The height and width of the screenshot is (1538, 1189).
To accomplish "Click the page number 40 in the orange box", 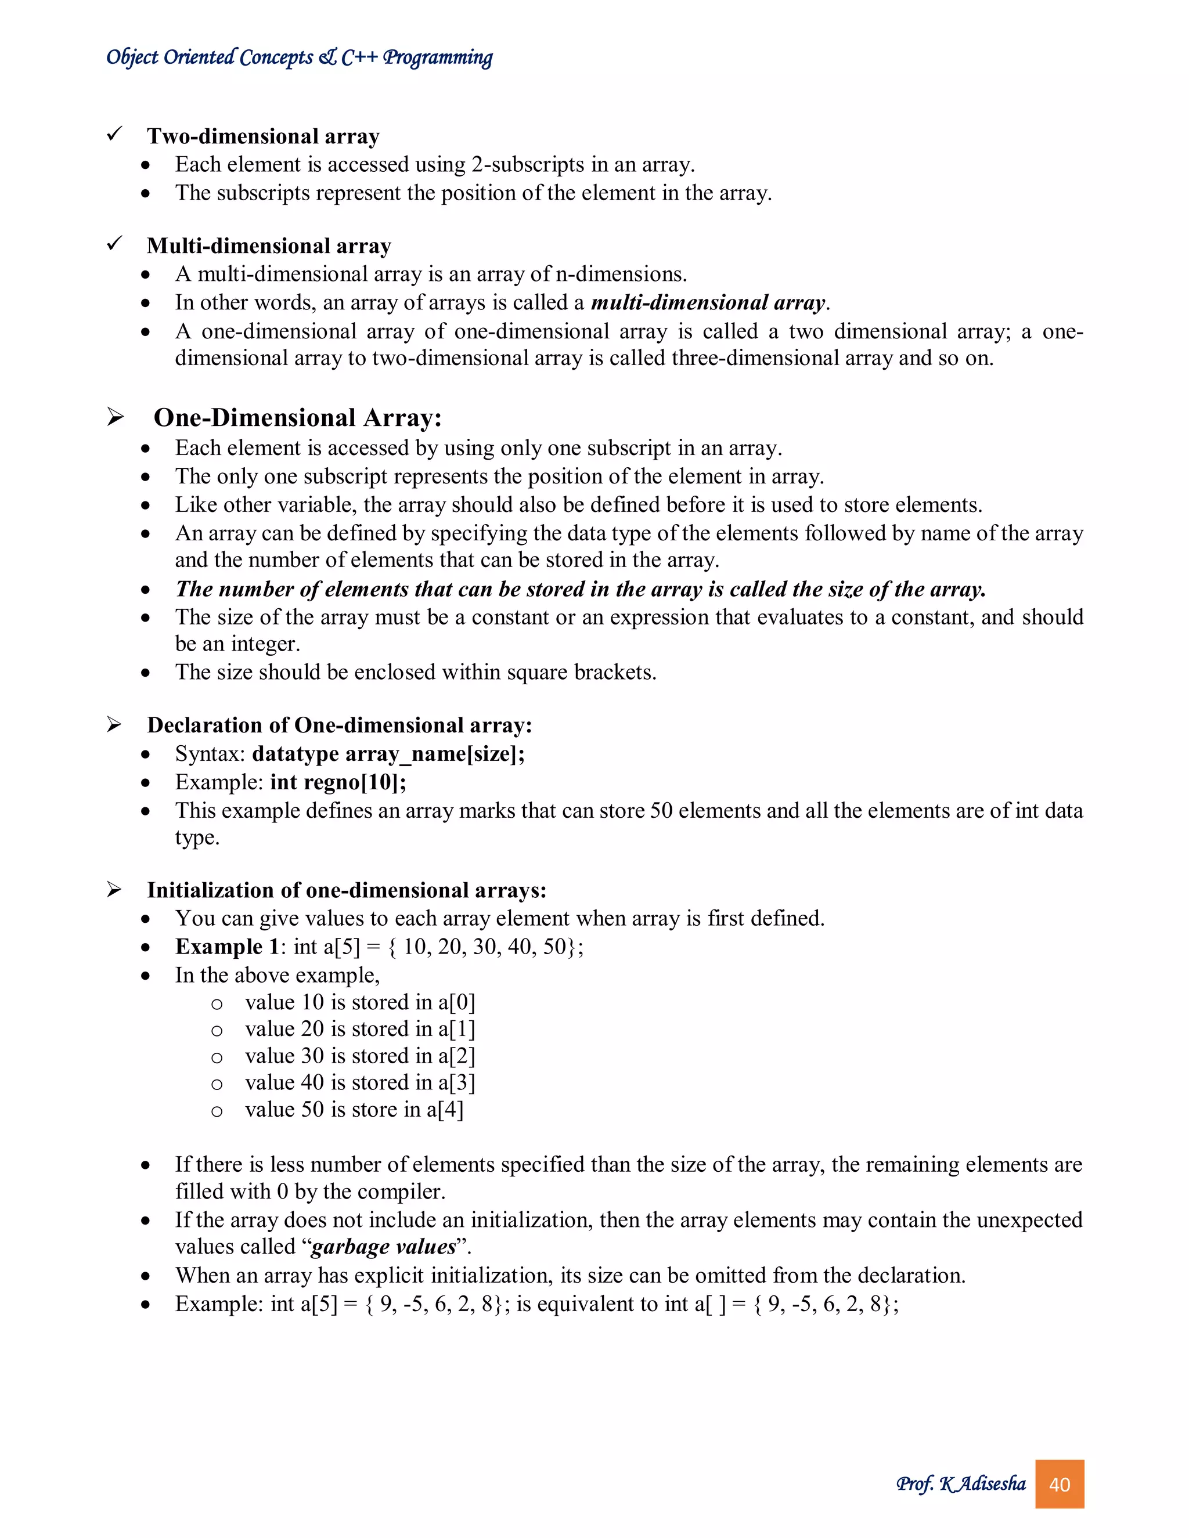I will point(1059,1485).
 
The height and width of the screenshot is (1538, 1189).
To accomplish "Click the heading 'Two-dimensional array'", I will point(263,136).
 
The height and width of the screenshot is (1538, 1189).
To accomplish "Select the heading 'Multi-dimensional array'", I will point(268,245).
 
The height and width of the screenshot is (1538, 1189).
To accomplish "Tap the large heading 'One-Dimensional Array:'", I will point(297,418).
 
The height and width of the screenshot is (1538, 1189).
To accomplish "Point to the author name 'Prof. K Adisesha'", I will point(961,1484).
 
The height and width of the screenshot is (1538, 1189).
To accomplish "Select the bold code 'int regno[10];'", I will point(338,782).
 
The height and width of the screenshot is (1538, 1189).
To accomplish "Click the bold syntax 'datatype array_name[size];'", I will point(388,754).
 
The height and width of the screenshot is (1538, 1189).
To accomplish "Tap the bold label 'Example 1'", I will point(228,947).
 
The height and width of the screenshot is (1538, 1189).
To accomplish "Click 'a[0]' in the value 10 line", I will point(456,1002).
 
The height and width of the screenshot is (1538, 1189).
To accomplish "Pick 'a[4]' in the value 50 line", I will point(445,1109).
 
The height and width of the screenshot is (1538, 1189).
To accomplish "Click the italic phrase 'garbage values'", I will point(383,1247).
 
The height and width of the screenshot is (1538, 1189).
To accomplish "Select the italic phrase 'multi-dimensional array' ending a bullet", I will point(708,303).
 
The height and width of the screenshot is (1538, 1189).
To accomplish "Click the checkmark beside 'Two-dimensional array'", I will point(115,134).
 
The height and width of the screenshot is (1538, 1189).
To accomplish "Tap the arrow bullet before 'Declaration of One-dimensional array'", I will point(115,725).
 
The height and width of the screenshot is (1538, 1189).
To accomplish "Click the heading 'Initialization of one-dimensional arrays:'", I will point(347,890).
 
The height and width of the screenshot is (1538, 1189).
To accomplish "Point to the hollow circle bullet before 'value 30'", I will point(217,1057).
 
